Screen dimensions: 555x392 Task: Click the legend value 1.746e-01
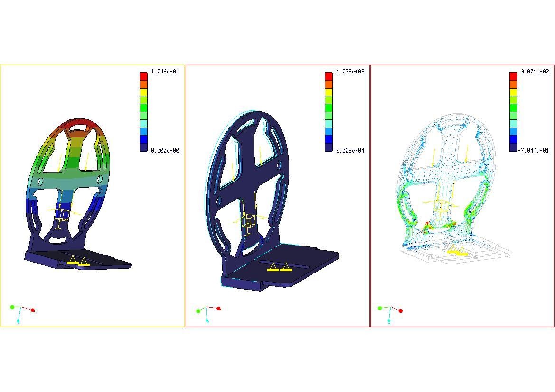(165, 72)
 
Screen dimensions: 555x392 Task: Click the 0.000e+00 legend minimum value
(165, 151)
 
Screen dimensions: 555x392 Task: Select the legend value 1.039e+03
(350, 72)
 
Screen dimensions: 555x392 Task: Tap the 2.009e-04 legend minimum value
(350, 151)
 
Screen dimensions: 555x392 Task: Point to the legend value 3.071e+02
(535, 72)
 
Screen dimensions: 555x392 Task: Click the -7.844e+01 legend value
(534, 151)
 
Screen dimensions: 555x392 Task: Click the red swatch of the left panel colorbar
(143, 76)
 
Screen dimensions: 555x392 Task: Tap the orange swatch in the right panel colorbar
(513, 84)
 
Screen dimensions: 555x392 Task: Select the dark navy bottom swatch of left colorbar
(143, 147)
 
